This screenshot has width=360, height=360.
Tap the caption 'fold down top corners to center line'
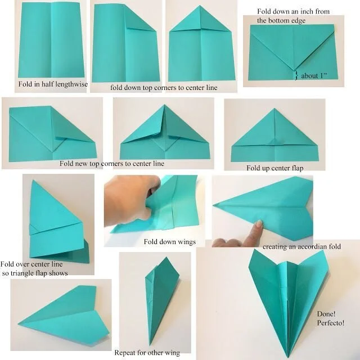click(164, 88)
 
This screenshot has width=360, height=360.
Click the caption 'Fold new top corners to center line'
click(112, 164)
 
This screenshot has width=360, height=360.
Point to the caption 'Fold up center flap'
click(276, 168)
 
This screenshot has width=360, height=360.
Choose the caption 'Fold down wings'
click(169, 241)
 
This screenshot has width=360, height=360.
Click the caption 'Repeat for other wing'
click(147, 353)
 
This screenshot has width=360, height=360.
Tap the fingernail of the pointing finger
click(259, 225)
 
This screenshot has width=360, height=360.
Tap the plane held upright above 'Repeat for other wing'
click(160, 298)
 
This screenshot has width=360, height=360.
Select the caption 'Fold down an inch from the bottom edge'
click(294, 15)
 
